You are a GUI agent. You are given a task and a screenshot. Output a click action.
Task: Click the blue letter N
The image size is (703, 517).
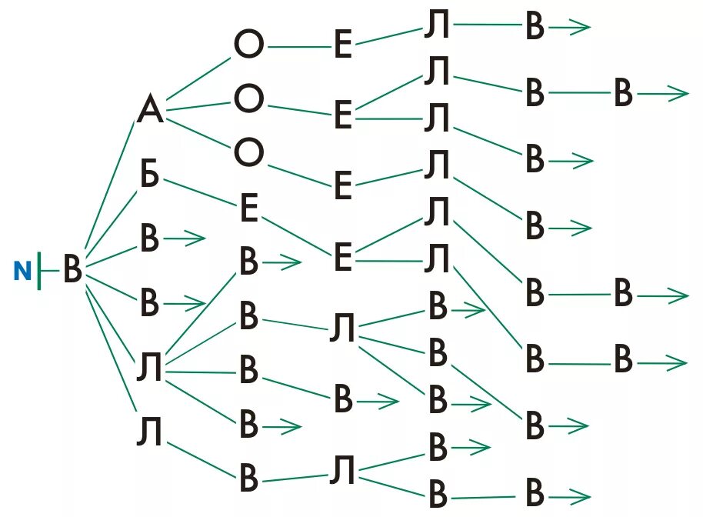(x=23, y=270)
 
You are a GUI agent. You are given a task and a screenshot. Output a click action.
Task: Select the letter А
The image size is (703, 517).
(x=151, y=111)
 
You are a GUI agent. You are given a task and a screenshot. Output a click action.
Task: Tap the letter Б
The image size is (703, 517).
(x=149, y=176)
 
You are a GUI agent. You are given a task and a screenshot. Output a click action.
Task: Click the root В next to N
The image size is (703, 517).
(x=72, y=271)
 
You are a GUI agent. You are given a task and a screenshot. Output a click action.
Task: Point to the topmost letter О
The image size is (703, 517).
(x=248, y=46)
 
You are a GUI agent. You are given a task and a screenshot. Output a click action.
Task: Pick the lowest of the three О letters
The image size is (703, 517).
(x=248, y=154)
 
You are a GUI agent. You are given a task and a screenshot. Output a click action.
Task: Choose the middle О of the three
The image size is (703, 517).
(x=248, y=99)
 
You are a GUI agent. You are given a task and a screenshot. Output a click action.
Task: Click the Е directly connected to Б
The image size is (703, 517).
(x=248, y=208)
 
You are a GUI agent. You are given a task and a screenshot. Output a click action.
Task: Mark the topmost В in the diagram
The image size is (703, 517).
(x=535, y=28)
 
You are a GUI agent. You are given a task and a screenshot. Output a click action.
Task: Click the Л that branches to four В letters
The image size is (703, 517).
(x=149, y=369)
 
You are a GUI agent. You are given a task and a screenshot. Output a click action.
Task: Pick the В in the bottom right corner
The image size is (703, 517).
(x=535, y=493)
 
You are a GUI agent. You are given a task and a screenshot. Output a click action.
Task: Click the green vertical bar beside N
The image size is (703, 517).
(x=38, y=270)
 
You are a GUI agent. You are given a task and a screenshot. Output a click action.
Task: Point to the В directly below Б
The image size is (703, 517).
(x=149, y=239)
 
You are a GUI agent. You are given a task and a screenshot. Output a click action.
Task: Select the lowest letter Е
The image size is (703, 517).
(x=343, y=259)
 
